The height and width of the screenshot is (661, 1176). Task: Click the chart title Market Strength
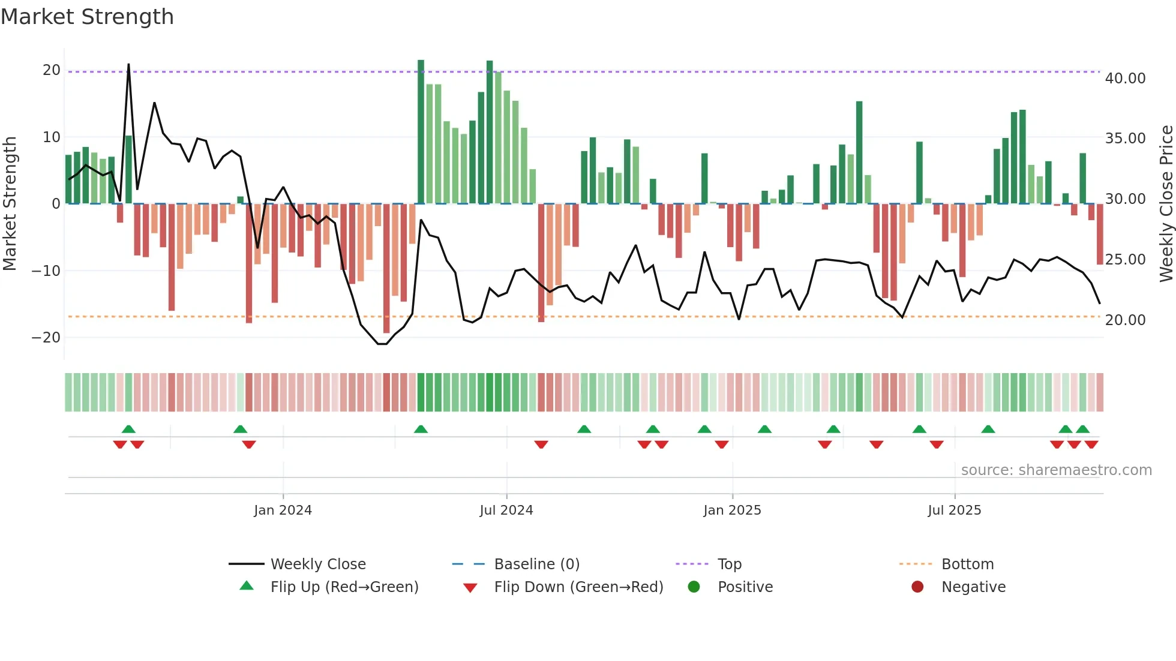click(87, 17)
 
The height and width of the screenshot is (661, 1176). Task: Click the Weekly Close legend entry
click(317, 564)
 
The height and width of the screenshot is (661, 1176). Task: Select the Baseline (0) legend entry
click(536, 564)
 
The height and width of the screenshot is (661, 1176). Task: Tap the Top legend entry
click(729, 564)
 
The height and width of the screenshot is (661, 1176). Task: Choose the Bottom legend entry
click(967, 564)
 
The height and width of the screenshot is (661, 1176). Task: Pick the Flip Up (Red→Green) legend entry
click(344, 587)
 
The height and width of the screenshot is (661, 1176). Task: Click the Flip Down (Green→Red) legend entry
click(578, 587)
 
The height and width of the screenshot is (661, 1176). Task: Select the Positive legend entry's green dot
click(694, 587)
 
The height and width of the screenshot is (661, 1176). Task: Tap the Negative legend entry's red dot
click(917, 587)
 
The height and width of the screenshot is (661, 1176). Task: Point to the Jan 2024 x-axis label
click(283, 510)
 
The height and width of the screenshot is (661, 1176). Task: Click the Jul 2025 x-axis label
click(954, 510)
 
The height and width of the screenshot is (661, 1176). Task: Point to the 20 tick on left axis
click(52, 70)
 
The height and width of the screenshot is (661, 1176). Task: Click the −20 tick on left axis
click(46, 337)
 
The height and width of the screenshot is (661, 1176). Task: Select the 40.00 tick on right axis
click(1125, 79)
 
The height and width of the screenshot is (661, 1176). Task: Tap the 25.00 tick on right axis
click(1125, 260)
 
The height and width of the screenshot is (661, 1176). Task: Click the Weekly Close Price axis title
click(1166, 204)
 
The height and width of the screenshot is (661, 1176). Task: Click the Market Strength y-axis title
click(10, 204)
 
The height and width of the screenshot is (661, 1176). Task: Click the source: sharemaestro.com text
click(1056, 470)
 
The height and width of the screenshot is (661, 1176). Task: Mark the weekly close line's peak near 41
click(128, 65)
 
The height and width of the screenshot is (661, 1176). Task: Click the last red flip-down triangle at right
click(1091, 444)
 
